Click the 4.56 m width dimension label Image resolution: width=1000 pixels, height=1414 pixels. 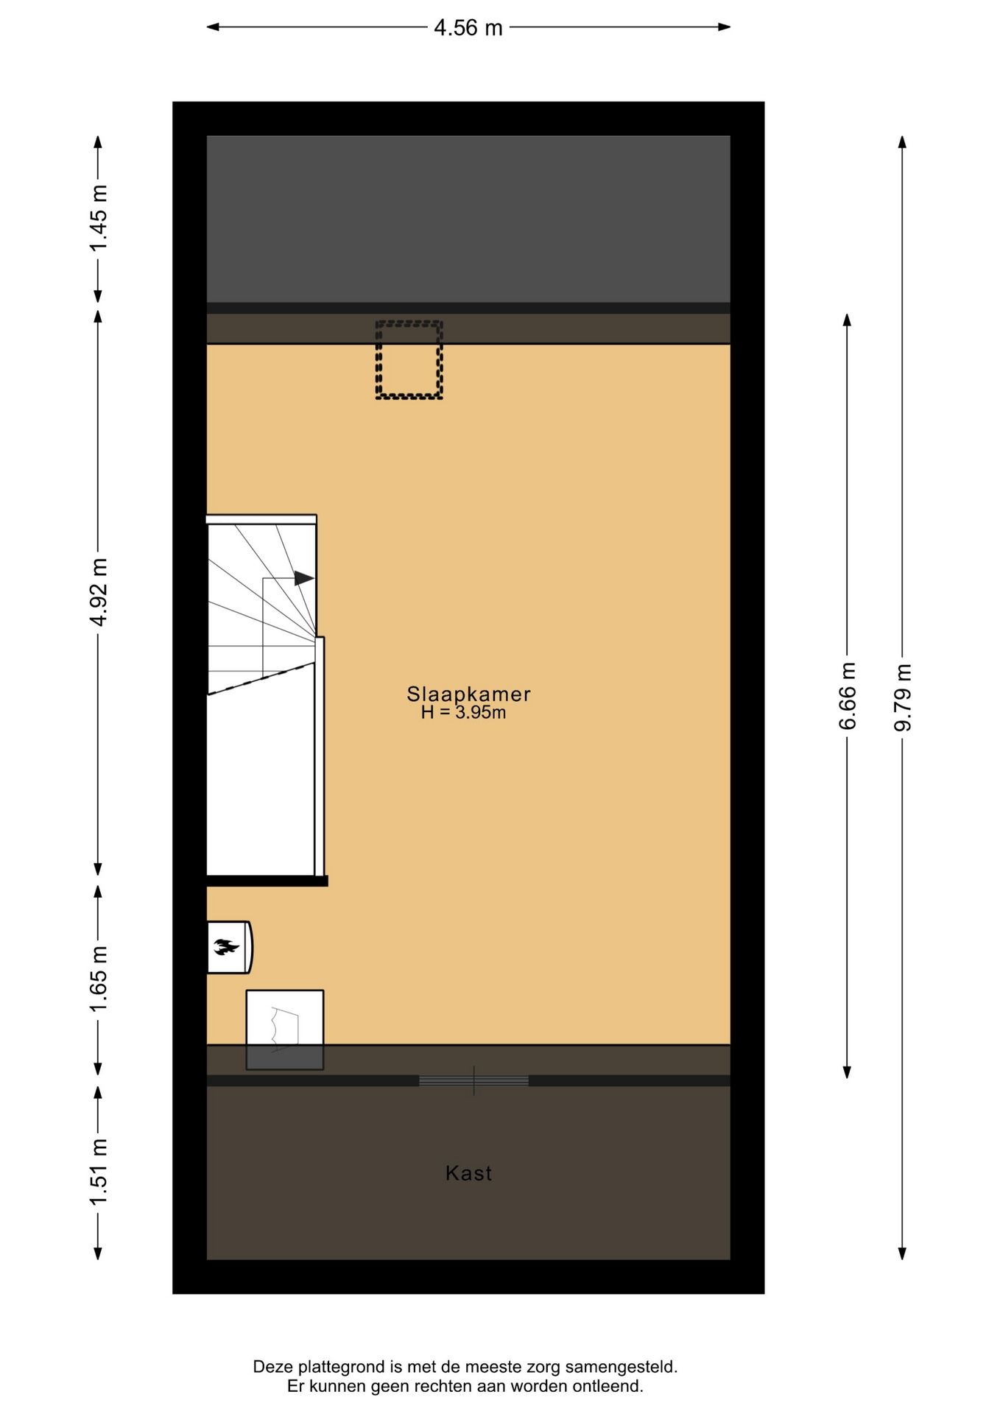(468, 28)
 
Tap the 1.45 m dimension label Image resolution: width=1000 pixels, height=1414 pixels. (99, 218)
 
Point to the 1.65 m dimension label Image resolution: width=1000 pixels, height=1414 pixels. (99, 979)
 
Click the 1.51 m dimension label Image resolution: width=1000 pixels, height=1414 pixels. (99, 1172)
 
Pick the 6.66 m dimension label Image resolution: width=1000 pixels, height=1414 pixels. (848, 696)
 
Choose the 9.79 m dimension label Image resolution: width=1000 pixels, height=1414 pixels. (903, 697)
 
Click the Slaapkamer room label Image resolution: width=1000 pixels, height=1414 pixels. (468, 694)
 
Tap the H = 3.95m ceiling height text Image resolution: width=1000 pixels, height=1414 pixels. (463, 713)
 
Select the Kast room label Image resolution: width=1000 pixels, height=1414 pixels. (468, 1173)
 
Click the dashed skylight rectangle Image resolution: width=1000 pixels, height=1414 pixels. (409, 360)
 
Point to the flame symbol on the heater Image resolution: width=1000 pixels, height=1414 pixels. (226, 947)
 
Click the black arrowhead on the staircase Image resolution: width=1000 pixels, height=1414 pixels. (303, 578)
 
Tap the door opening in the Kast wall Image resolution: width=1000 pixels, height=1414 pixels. (473, 1081)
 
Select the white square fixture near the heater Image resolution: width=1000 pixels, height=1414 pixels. (284, 1019)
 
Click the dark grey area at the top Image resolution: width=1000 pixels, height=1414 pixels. (468, 219)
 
